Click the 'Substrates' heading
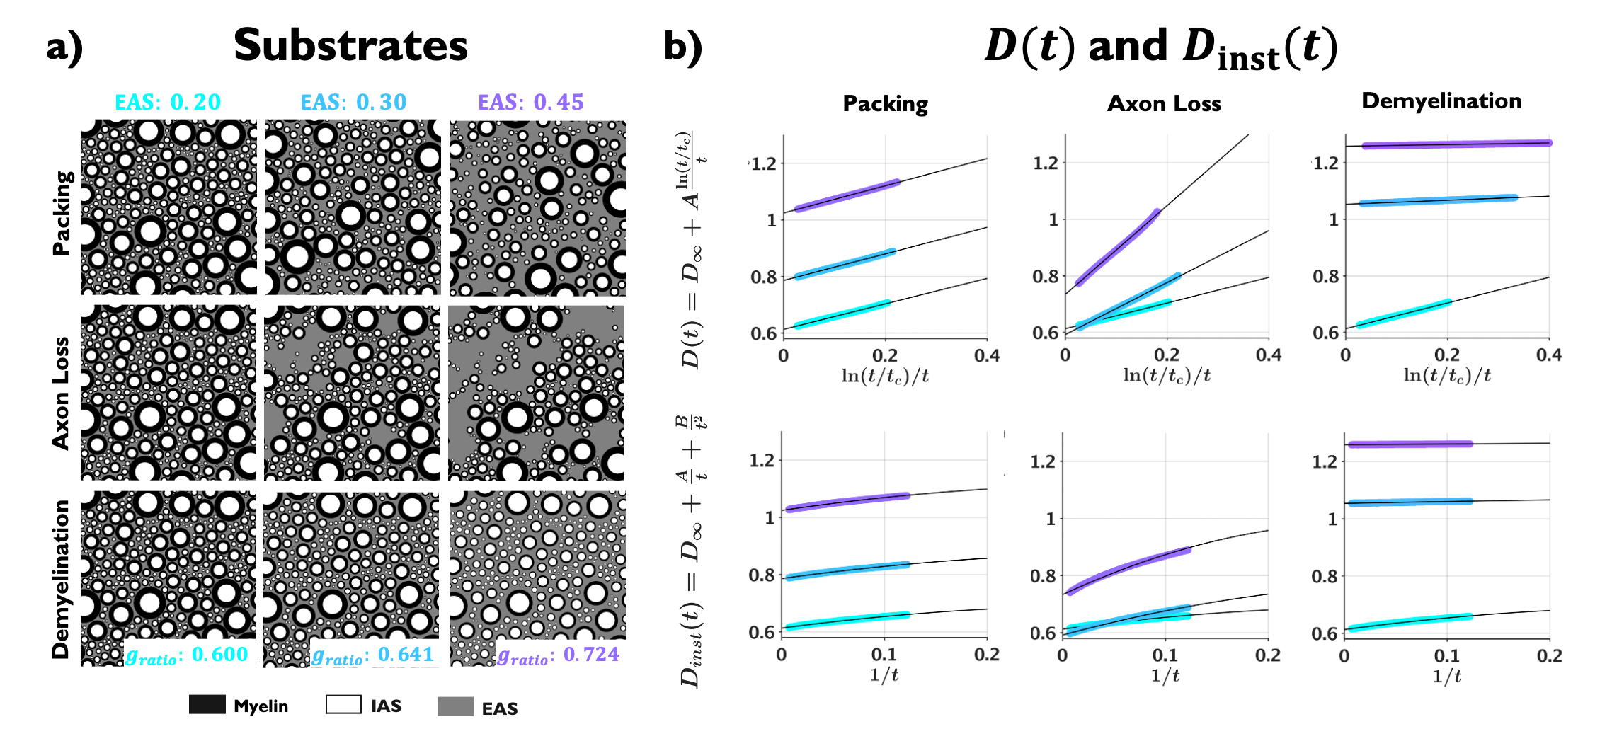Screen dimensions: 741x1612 pos(350,46)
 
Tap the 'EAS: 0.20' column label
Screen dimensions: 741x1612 pos(168,102)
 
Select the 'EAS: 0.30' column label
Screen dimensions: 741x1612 pos(353,102)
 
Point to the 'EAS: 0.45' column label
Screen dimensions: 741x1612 pos(531,102)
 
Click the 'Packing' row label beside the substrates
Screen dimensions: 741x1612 pos(62,212)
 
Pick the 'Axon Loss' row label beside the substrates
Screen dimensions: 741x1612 pos(62,393)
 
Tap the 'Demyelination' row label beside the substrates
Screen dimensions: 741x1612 pos(62,579)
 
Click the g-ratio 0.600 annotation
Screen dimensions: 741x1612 pos(187,655)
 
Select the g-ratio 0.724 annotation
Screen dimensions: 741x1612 pos(558,655)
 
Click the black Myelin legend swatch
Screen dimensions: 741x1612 pos(207,705)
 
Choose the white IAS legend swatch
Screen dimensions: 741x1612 pos(343,705)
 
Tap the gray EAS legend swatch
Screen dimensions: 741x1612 pos(455,706)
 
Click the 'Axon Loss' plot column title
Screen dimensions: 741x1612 pos(1164,103)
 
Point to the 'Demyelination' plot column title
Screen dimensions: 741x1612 pos(1441,101)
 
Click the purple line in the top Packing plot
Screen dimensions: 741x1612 pos(847,195)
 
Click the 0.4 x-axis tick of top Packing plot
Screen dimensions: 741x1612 pos(987,355)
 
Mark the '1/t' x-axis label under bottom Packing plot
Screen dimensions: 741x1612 pos(884,674)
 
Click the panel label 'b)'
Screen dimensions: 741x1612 pos(682,47)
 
